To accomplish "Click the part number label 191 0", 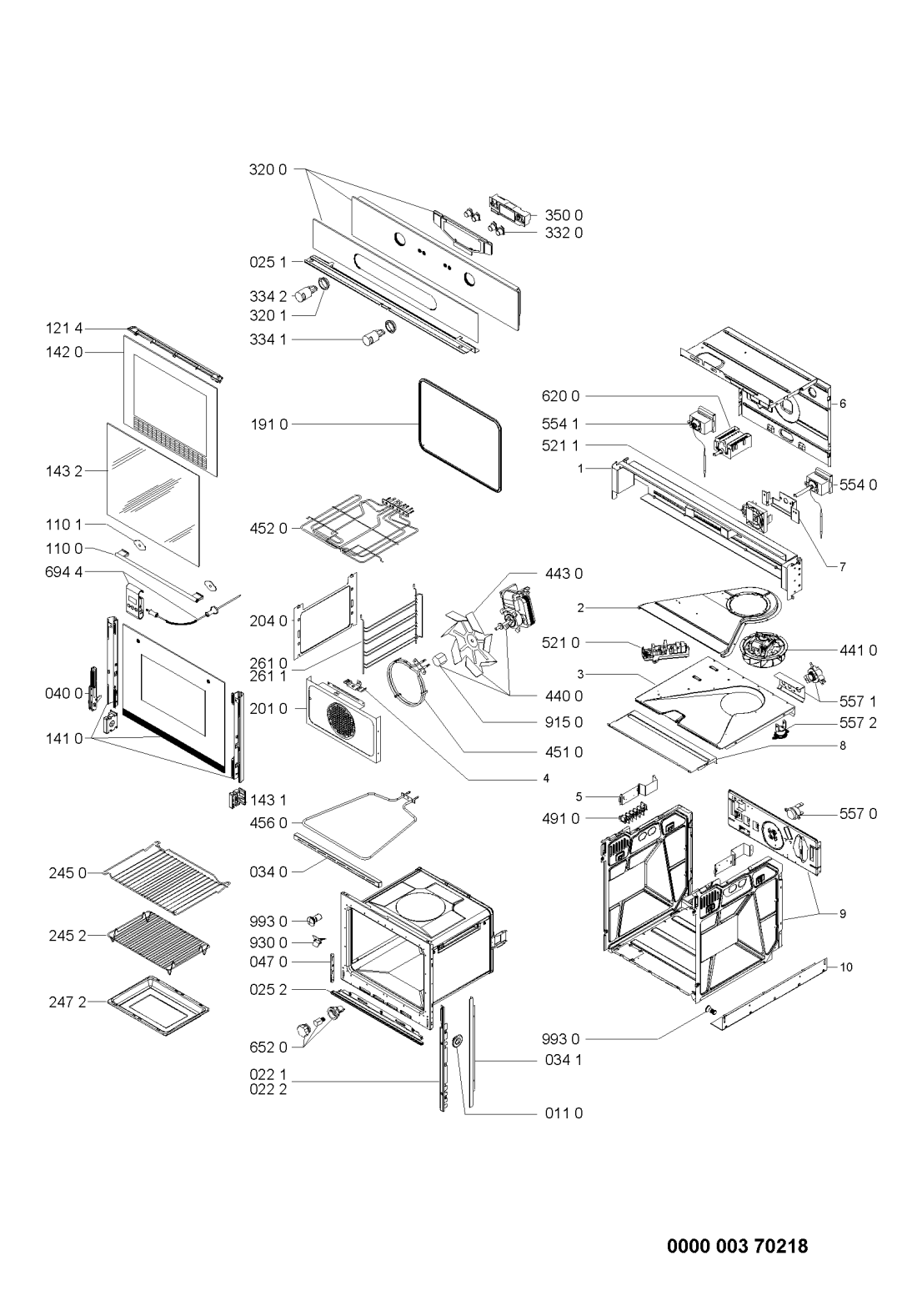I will click(268, 424).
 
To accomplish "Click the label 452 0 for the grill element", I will click(268, 528).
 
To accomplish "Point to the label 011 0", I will click(564, 1113).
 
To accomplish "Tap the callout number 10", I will click(846, 967).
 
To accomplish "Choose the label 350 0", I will click(564, 215).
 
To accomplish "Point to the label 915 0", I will click(564, 722).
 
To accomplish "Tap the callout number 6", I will click(843, 404).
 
